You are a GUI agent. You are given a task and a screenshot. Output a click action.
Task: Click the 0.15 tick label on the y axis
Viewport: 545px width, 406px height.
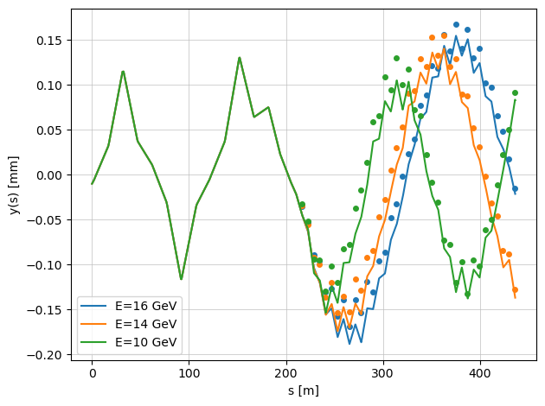(48, 41)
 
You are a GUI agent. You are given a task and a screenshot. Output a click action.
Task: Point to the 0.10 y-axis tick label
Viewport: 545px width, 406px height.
(48, 86)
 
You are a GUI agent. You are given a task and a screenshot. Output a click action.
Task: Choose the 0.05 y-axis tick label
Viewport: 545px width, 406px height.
(48, 130)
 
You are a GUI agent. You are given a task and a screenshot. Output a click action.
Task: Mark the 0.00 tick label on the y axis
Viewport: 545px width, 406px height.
(48, 175)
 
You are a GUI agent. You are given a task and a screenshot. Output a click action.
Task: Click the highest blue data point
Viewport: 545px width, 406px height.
(456, 25)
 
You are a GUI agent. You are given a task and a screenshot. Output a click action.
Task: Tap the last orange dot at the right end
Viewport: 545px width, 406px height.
(515, 289)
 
